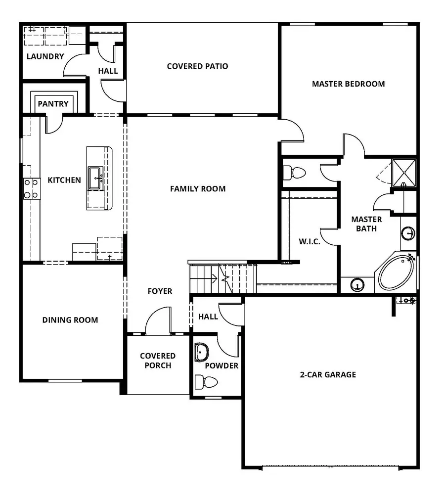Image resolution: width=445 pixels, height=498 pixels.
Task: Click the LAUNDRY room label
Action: coord(45,56)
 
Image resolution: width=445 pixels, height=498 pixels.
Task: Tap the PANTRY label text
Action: coord(53,104)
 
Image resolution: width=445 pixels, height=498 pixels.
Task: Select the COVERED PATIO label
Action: coord(197,66)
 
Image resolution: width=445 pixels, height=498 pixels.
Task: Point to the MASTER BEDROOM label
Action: coord(348,84)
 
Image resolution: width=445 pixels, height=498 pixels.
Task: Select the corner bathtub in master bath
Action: coord(397,272)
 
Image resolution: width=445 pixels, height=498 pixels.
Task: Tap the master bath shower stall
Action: coord(404,171)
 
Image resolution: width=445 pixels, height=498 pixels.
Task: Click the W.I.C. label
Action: coord(310,242)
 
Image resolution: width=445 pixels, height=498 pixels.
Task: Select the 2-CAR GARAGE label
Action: coord(328,375)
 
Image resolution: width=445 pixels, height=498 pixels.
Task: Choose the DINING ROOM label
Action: coord(70,320)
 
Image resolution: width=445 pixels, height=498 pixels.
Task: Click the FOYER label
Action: coord(160,291)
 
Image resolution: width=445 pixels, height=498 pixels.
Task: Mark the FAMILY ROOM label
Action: coord(198,188)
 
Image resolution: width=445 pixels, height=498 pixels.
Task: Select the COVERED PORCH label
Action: coord(158,361)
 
